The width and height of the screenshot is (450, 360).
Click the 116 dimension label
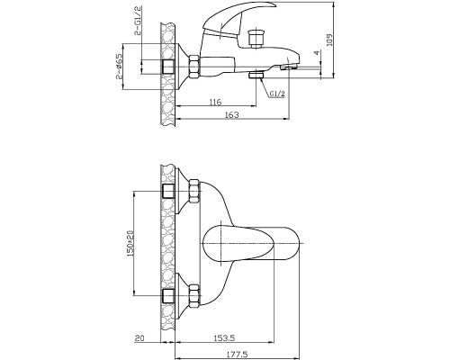click(215, 102)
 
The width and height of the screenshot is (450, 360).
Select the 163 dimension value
click(232, 114)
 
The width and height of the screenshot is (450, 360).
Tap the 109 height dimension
click(329, 40)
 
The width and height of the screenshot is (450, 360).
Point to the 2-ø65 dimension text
click(119, 66)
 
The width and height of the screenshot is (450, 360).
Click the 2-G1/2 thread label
click(139, 21)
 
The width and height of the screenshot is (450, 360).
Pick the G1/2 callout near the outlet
click(277, 94)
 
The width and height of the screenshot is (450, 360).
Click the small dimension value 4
click(317, 53)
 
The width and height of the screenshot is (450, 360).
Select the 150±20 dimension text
click(130, 243)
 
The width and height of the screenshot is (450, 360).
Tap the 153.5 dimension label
click(224, 338)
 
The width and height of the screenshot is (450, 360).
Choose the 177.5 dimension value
click(238, 355)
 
